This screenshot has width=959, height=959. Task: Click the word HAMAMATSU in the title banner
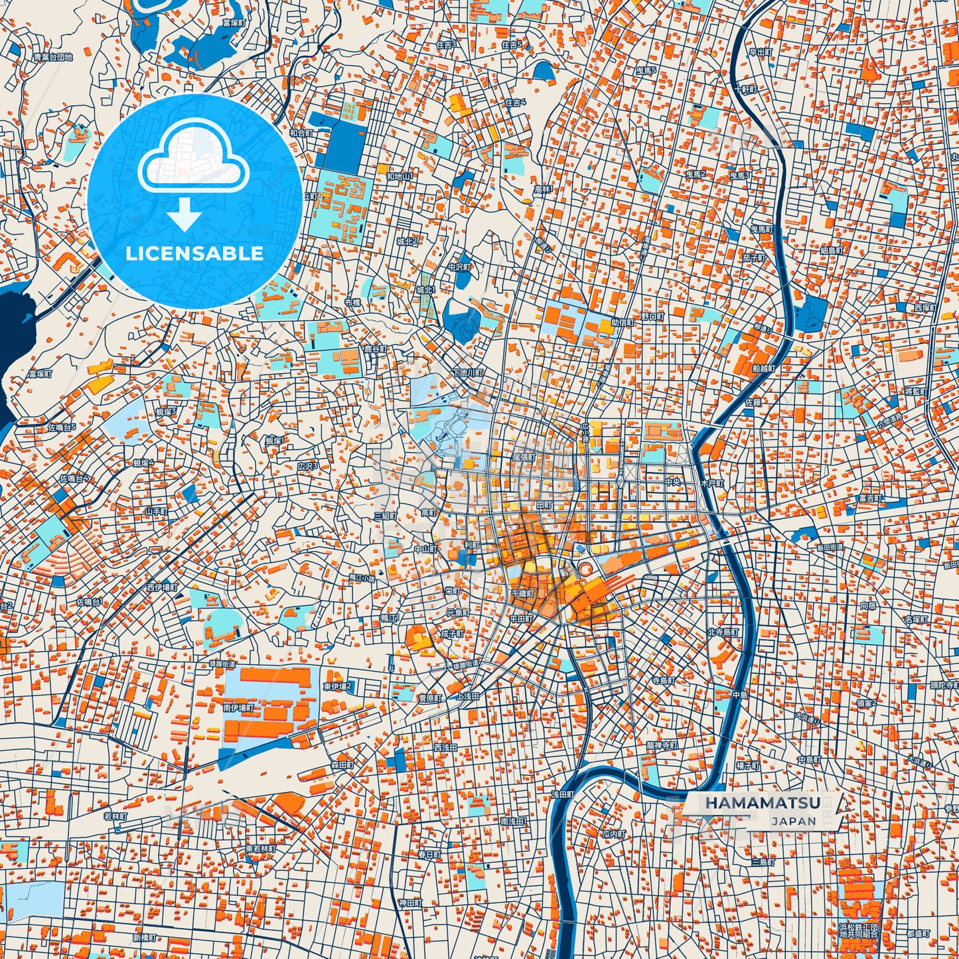click(762, 802)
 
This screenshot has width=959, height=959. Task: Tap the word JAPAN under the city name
click(794, 821)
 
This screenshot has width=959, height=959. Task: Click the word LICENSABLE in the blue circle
click(194, 253)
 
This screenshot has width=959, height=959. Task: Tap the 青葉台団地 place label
click(52, 58)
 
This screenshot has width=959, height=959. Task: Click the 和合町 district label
click(301, 133)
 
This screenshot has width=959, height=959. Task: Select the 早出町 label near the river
click(761, 52)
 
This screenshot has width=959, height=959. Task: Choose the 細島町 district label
click(831, 251)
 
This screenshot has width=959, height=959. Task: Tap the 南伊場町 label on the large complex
click(238, 708)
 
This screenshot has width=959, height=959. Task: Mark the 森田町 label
click(342, 765)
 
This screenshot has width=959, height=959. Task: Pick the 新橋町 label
click(145, 938)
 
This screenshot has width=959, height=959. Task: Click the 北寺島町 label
click(722, 632)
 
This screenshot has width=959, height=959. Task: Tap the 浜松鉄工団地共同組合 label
click(858, 930)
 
